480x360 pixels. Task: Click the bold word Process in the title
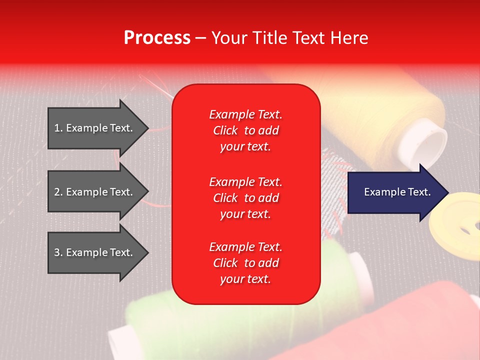157,38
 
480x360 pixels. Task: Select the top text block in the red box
245,130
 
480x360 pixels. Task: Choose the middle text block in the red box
245,198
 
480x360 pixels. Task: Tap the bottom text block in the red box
245,263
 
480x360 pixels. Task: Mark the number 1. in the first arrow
58,128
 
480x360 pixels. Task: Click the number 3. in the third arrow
58,252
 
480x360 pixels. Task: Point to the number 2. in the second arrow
58,192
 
